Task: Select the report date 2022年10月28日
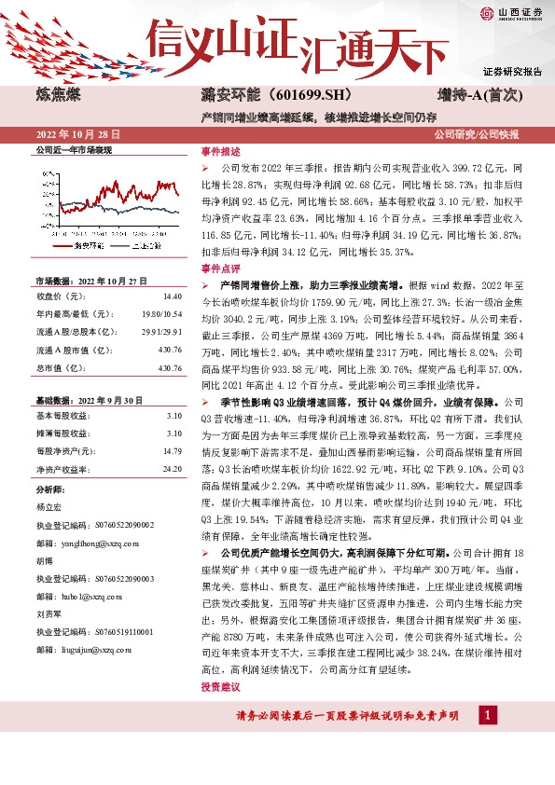click(x=80, y=135)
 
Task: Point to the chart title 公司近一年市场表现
click(x=73, y=149)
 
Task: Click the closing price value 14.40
click(x=172, y=296)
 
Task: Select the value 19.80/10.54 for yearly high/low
click(x=162, y=314)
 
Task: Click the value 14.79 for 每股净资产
click(x=172, y=450)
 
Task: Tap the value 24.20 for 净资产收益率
click(x=172, y=469)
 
